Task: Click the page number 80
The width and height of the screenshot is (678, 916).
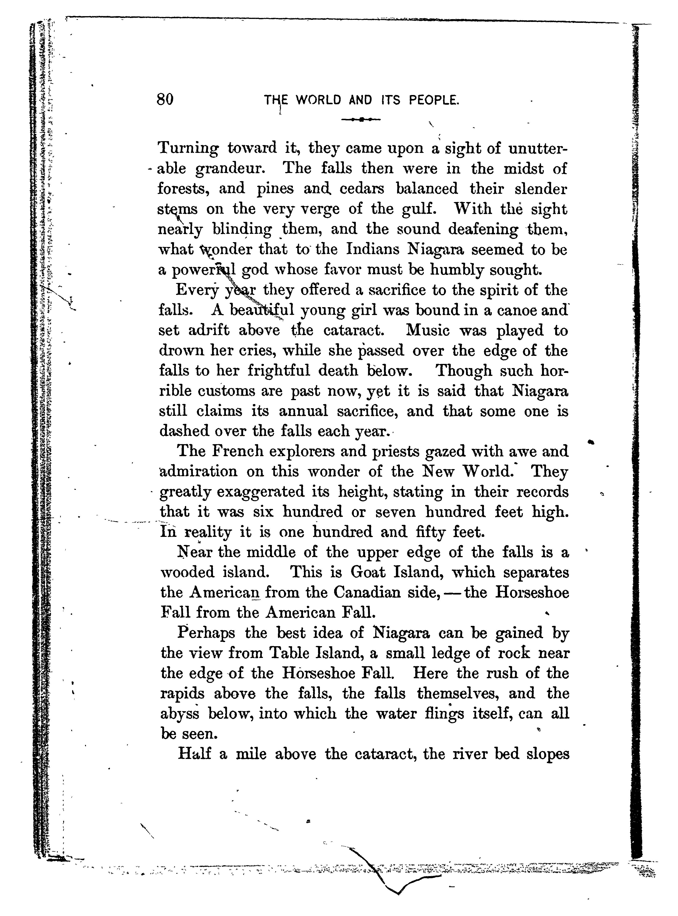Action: [x=165, y=99]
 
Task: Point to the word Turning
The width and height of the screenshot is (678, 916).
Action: [x=188, y=149]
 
